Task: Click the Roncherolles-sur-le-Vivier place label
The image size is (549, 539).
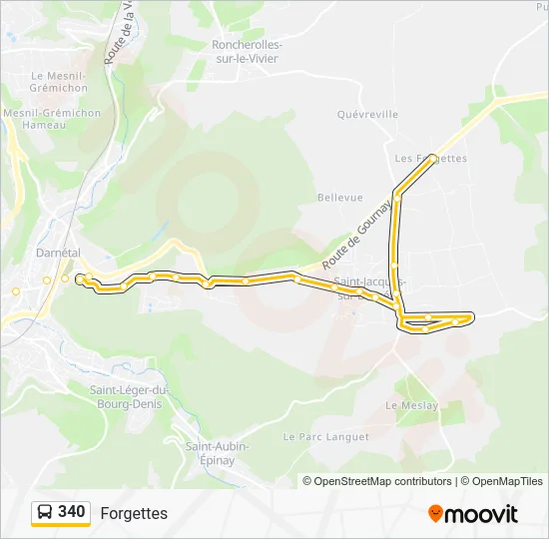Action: click(x=246, y=52)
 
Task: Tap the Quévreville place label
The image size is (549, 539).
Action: click(x=368, y=115)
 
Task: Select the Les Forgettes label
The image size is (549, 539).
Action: click(x=431, y=159)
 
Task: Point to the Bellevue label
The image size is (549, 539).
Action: click(x=340, y=198)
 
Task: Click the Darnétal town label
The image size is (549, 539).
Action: click(x=58, y=254)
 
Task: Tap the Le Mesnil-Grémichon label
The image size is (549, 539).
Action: click(x=59, y=81)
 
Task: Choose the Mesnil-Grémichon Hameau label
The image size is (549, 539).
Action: click(x=52, y=119)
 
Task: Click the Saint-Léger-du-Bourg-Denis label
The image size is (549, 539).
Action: click(x=130, y=396)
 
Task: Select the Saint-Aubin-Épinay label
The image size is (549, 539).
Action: click(x=217, y=453)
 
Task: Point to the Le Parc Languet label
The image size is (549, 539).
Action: click(x=325, y=437)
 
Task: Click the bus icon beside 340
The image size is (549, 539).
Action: click(x=45, y=512)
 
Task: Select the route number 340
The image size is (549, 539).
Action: click(x=71, y=512)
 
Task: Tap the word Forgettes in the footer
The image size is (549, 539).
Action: click(x=134, y=513)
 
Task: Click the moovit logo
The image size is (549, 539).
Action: click(x=473, y=513)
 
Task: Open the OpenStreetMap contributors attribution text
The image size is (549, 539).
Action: click(x=377, y=481)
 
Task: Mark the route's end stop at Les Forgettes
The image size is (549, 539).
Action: click(x=432, y=159)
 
